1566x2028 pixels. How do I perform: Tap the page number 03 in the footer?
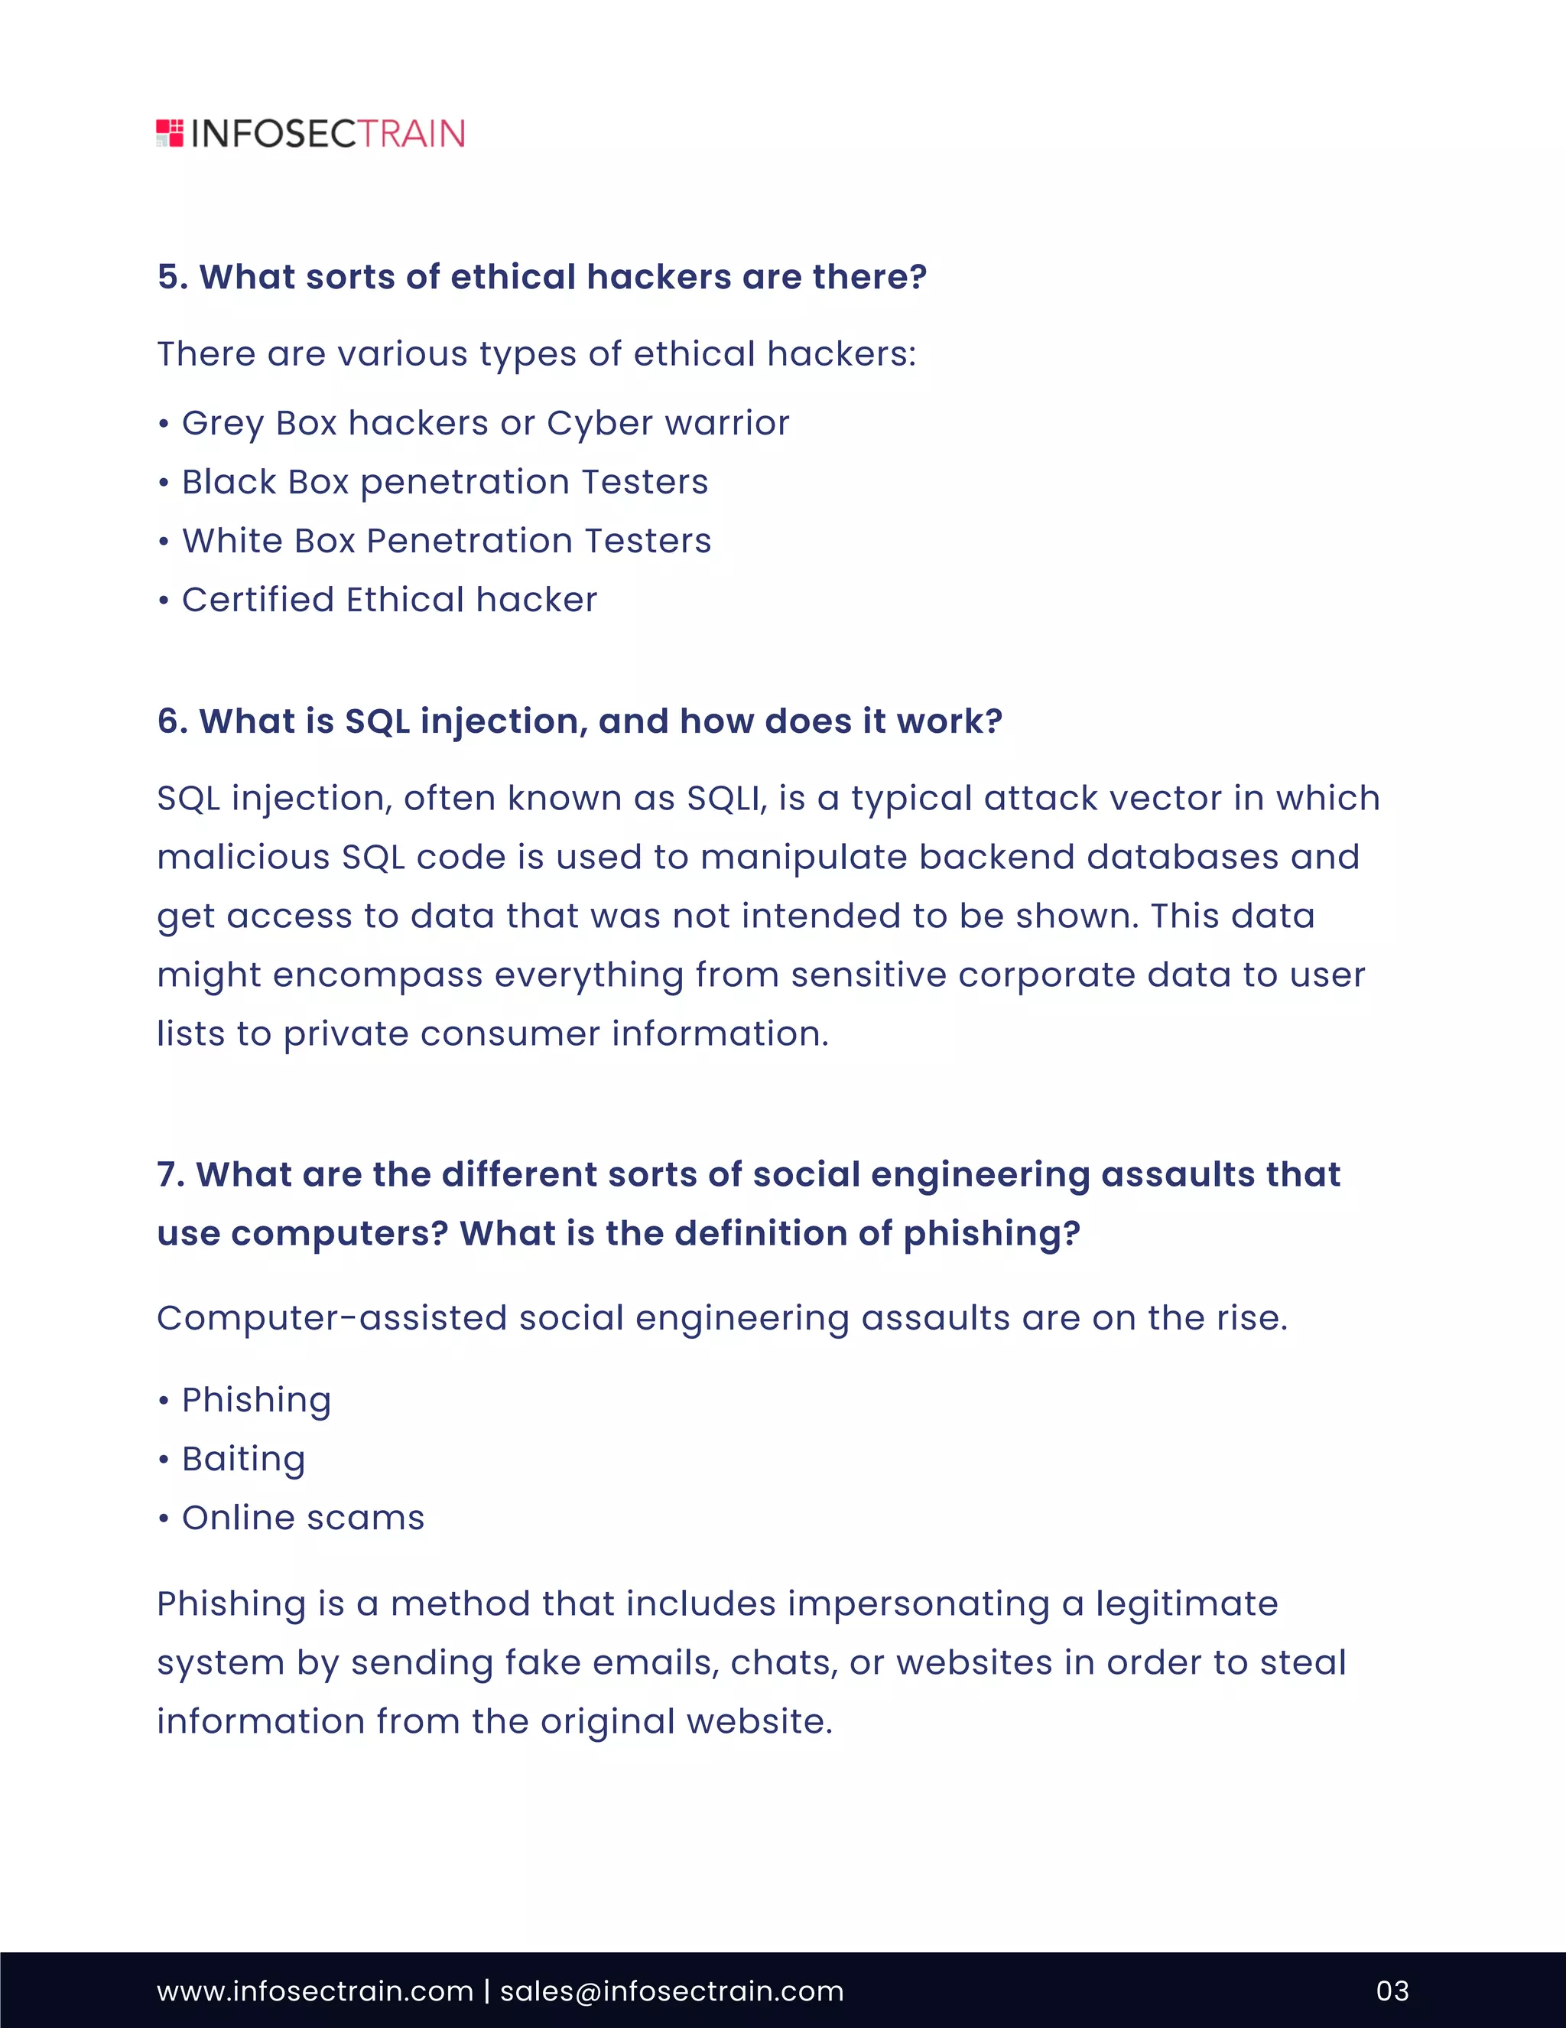pyautogui.click(x=1392, y=1990)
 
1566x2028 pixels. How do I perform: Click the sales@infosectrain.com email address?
pyautogui.click(x=672, y=1991)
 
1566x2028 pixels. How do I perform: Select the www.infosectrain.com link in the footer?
pyautogui.click(x=315, y=1991)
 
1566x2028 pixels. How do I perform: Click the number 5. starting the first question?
pyautogui.click(x=173, y=277)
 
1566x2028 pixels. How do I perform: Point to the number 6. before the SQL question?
pyautogui.click(x=173, y=721)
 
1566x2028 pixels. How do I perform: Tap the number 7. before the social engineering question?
pyautogui.click(x=171, y=1174)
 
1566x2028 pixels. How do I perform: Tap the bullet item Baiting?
pyautogui.click(x=243, y=1459)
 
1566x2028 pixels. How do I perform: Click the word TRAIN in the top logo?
pyautogui.click(x=411, y=134)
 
